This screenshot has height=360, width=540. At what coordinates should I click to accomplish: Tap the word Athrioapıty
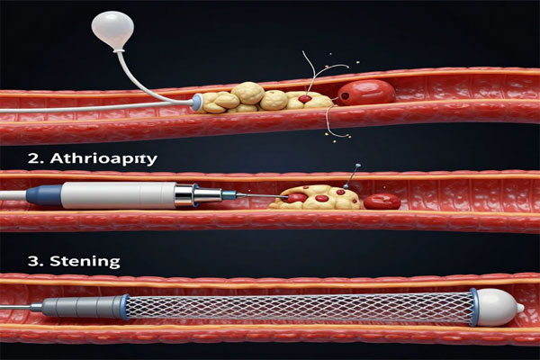pos(103,159)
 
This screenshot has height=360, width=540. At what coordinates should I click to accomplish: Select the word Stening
pos(85,262)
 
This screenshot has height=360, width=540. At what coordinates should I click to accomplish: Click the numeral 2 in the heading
pos(33,158)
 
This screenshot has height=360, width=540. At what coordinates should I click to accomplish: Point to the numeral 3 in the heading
pos(33,261)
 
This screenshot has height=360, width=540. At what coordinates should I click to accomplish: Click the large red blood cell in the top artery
pos(366,93)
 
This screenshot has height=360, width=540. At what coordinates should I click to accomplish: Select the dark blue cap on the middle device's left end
pos(44,195)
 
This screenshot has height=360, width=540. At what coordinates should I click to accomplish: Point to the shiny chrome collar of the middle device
pos(186,195)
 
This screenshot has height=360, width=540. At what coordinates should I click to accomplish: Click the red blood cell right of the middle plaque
pos(382,202)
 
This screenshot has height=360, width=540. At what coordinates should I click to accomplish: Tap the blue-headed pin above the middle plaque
pos(351,176)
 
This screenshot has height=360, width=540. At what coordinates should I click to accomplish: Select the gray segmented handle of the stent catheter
pos(83,306)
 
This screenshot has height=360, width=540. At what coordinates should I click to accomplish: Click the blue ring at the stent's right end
pos(474,307)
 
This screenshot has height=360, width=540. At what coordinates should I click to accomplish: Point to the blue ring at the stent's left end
pos(125,307)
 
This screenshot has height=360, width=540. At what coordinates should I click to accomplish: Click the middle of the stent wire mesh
pos(300,308)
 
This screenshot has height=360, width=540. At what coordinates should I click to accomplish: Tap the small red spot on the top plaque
pos(305,99)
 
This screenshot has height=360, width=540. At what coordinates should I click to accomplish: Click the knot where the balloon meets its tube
pos(118,52)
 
